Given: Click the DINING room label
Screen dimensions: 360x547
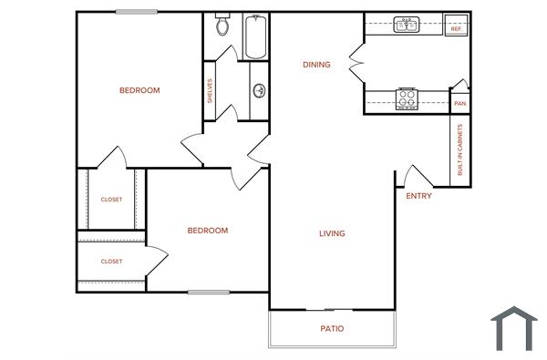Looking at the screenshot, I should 316,65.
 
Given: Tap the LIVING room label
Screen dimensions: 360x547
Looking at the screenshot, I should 332,233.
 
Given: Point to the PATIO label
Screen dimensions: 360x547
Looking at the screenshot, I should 332,329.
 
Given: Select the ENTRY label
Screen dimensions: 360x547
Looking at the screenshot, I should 418,196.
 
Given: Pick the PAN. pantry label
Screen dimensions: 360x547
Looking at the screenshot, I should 460,104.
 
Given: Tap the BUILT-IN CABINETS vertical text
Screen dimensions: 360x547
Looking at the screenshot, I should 460,149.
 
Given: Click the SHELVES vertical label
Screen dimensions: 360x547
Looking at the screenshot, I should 210,90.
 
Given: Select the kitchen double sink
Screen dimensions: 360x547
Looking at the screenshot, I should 407,26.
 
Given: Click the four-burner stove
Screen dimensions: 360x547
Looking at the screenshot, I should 407,98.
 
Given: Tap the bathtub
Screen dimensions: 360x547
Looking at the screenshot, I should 256,37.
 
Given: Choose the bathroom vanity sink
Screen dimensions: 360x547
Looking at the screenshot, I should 260,90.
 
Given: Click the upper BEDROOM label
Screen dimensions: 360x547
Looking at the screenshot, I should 139,90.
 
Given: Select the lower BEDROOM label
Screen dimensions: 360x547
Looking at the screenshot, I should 207,231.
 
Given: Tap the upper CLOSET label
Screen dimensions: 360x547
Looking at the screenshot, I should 111,200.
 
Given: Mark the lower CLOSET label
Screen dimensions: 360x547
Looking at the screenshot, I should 111,262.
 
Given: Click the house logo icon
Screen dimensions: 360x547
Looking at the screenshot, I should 514,328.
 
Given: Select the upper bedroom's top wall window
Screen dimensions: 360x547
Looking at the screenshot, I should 135,11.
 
